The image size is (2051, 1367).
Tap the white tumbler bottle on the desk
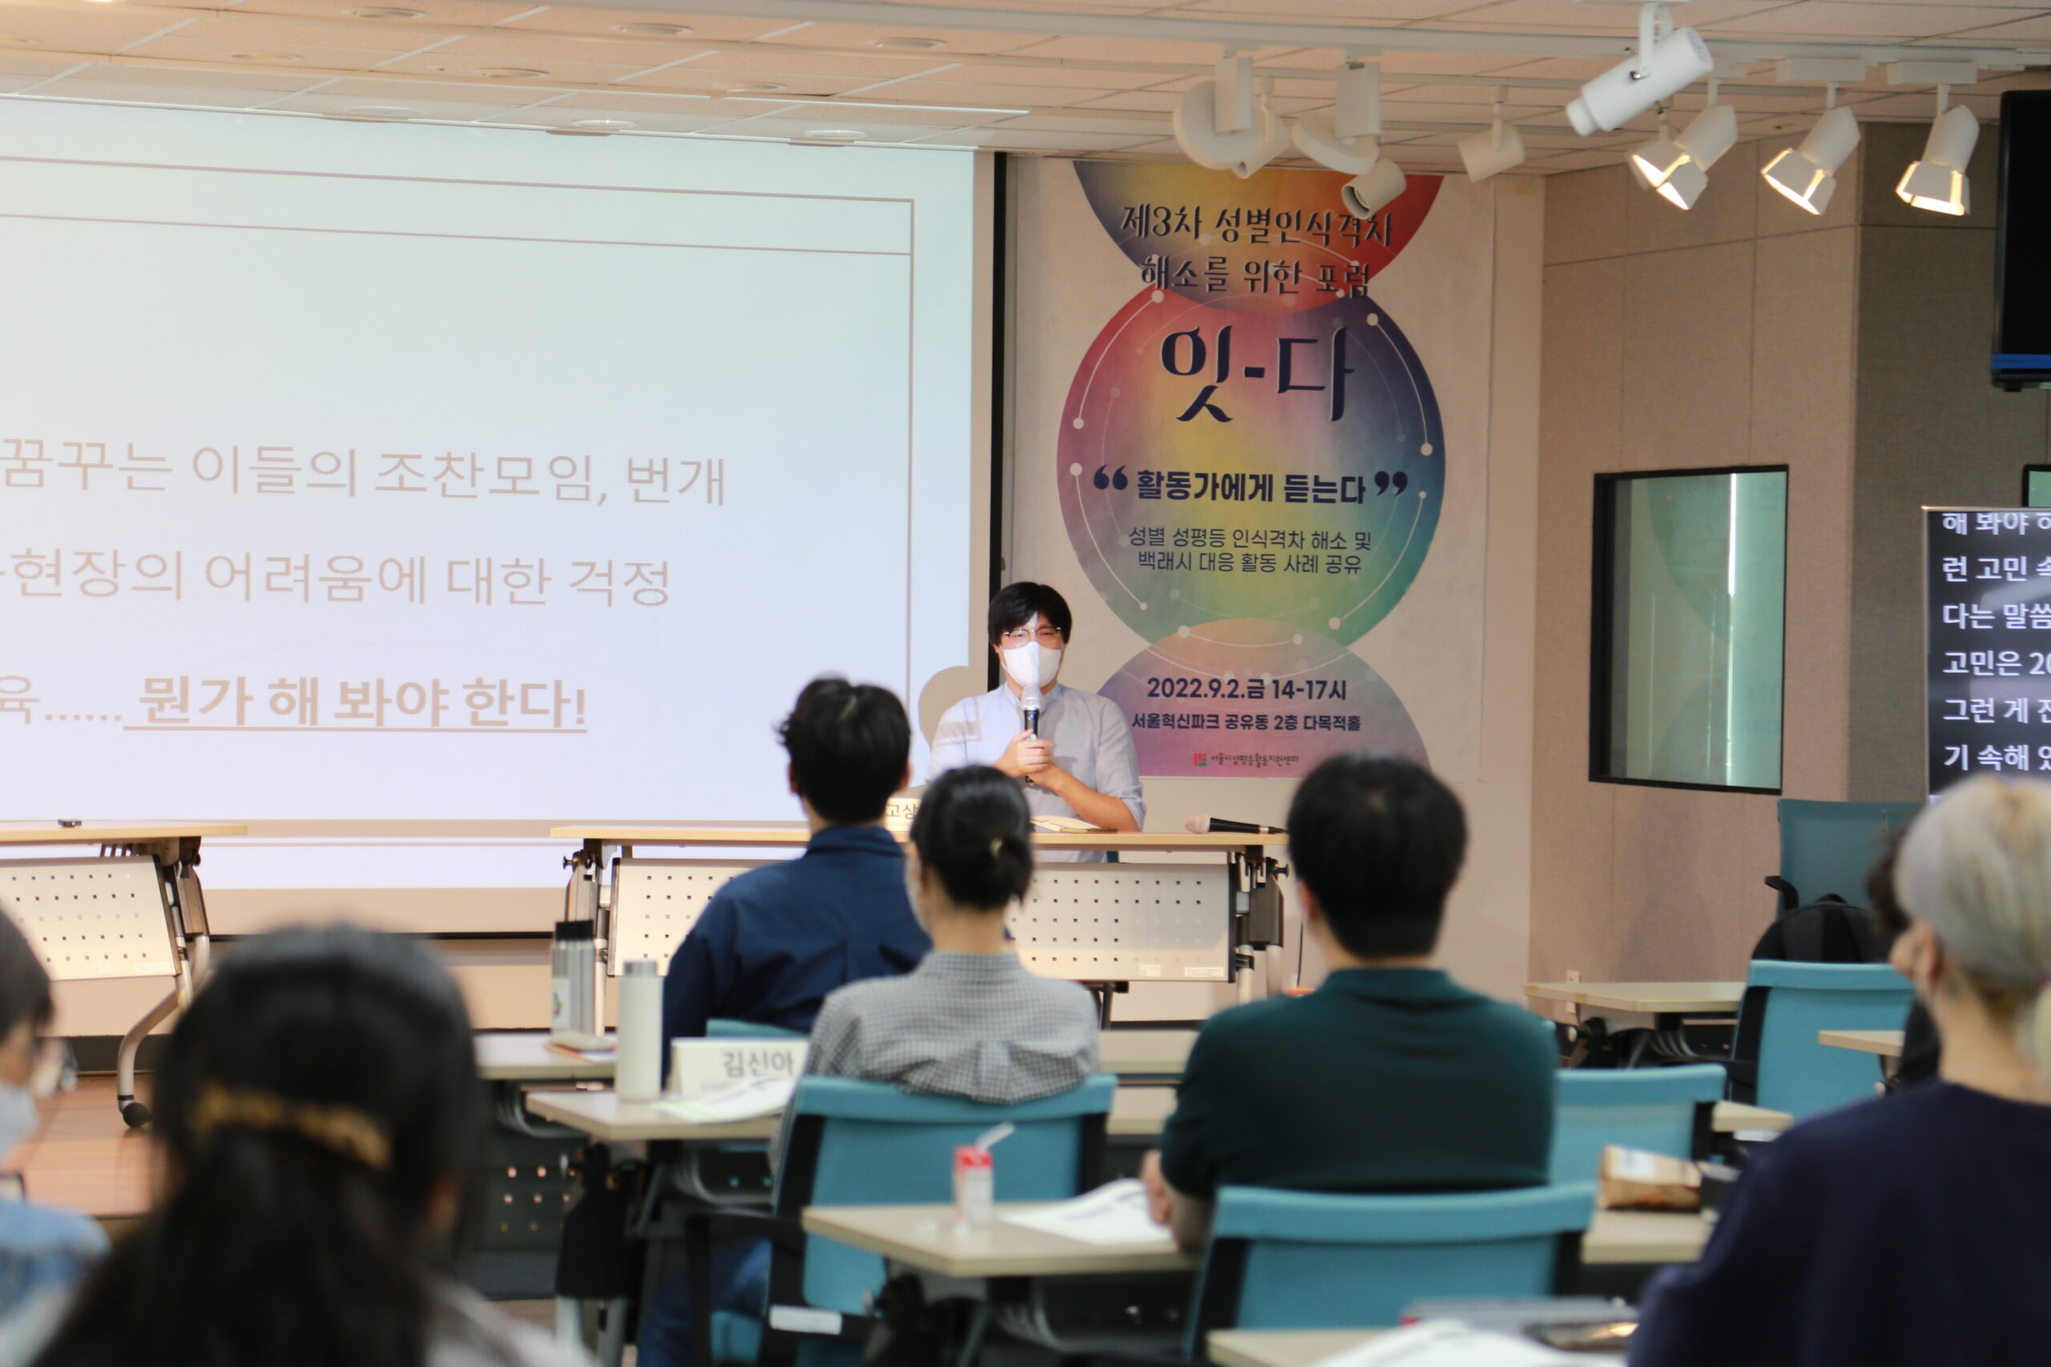(639, 1030)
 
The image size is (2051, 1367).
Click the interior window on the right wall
(1688, 627)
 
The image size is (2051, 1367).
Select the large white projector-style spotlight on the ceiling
(1639, 78)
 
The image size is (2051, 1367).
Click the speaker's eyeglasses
(1032, 633)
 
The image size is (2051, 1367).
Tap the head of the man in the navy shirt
(846, 750)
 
